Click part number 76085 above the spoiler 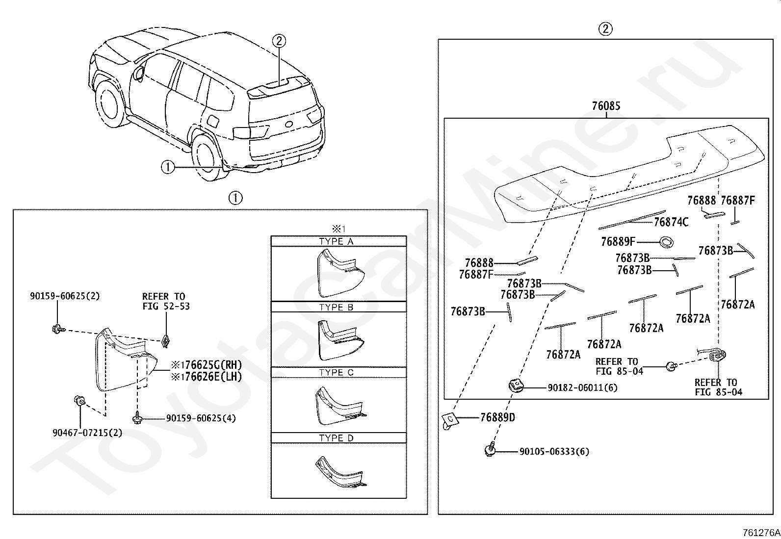coord(606,105)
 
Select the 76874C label coord(671,222)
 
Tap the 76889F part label coord(618,242)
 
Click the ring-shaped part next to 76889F coord(666,242)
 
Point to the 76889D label coord(497,417)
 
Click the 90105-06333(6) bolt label coord(554,452)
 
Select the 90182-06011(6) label coord(583,387)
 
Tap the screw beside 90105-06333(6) coord(491,449)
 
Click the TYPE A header coord(336,241)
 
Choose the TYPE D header coord(336,438)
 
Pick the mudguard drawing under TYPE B coord(341,340)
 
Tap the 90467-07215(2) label coord(87,433)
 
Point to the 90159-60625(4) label coord(201,418)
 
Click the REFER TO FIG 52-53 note coord(166,301)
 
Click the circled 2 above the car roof coord(279,41)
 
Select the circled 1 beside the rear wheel coord(168,167)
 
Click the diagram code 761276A coord(761,533)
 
